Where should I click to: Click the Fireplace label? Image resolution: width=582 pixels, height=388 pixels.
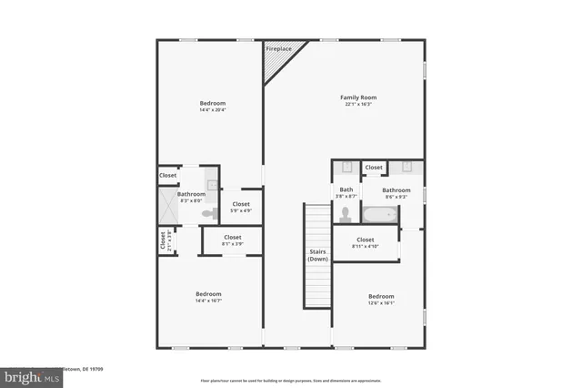[279, 47]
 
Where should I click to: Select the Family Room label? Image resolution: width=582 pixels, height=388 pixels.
[358, 97]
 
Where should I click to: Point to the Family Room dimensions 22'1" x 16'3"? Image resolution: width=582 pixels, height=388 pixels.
[358, 105]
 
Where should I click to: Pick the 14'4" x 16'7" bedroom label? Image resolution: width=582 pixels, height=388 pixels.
[208, 297]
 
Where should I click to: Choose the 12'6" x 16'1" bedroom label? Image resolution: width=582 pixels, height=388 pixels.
[381, 300]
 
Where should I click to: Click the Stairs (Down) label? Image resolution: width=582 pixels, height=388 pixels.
[317, 256]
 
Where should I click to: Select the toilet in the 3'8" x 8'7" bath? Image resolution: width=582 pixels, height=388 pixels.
[345, 215]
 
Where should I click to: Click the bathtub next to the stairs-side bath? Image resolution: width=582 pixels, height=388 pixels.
[378, 217]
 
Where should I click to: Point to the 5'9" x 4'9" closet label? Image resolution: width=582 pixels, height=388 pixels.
[241, 207]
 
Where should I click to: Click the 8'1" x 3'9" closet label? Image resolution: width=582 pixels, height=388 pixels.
[233, 240]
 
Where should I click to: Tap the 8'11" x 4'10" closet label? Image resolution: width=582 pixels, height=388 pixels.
[366, 243]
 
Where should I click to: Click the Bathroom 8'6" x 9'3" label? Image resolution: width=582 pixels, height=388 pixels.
[396, 193]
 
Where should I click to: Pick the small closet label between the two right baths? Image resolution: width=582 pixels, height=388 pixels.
[374, 168]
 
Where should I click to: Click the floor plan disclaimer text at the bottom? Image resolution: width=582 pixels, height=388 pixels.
[291, 380]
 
